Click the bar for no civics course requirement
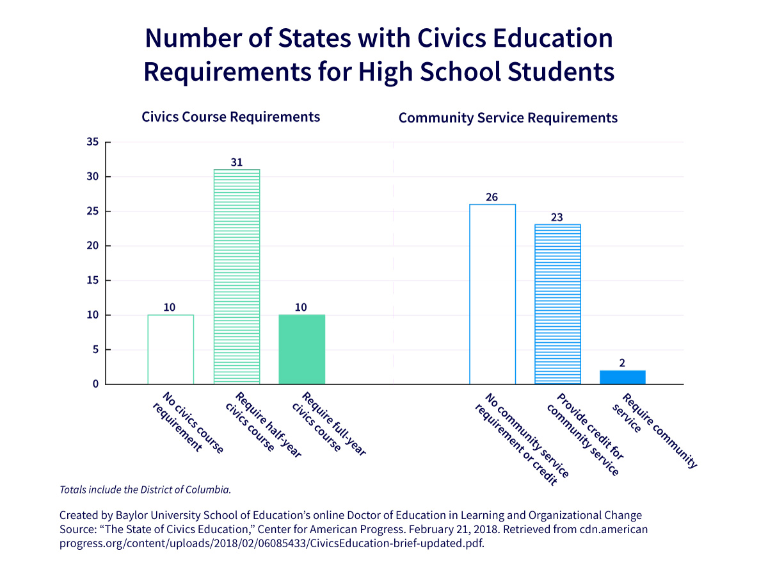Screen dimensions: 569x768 170,349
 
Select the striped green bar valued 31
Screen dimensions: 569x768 236,277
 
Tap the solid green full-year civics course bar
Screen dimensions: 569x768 301,349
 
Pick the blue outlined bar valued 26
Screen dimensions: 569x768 492,294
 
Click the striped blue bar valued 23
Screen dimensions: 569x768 557,304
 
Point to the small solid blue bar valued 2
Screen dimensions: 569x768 622,377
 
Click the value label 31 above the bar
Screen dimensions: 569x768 236,163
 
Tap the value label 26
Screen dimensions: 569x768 492,197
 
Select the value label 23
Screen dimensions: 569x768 557,217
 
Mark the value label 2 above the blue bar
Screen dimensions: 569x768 622,363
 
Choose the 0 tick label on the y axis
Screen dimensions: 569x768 95,384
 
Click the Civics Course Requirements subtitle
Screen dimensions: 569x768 230,117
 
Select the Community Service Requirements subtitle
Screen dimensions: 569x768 508,118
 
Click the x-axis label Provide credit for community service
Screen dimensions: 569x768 582,434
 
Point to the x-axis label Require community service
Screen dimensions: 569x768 653,427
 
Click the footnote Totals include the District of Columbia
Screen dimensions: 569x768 145,490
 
